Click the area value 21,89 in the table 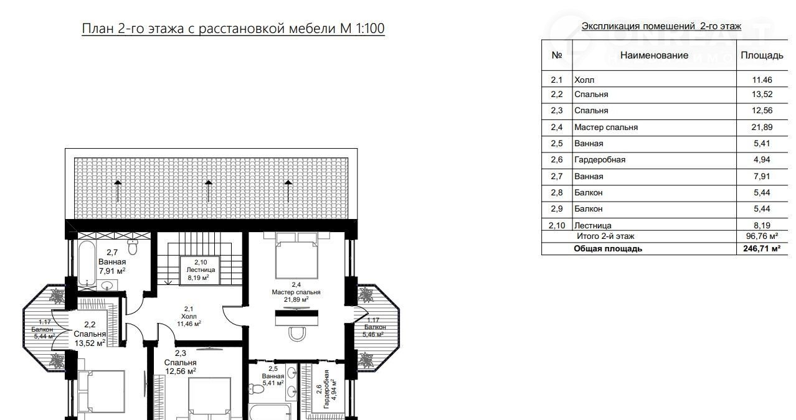762,127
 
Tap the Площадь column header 762,55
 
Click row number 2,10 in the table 557,225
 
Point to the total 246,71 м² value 762,248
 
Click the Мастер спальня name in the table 606,127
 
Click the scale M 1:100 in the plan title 362,29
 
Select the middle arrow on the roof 209,192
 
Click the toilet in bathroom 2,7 133,247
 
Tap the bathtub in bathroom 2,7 87,263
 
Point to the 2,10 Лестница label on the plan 201,270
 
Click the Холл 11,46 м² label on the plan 189,316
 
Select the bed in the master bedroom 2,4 296,255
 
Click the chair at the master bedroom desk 297,334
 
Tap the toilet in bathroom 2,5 256,389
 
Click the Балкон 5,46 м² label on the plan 374,327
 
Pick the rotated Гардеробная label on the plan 326,389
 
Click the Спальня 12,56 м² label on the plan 181,362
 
